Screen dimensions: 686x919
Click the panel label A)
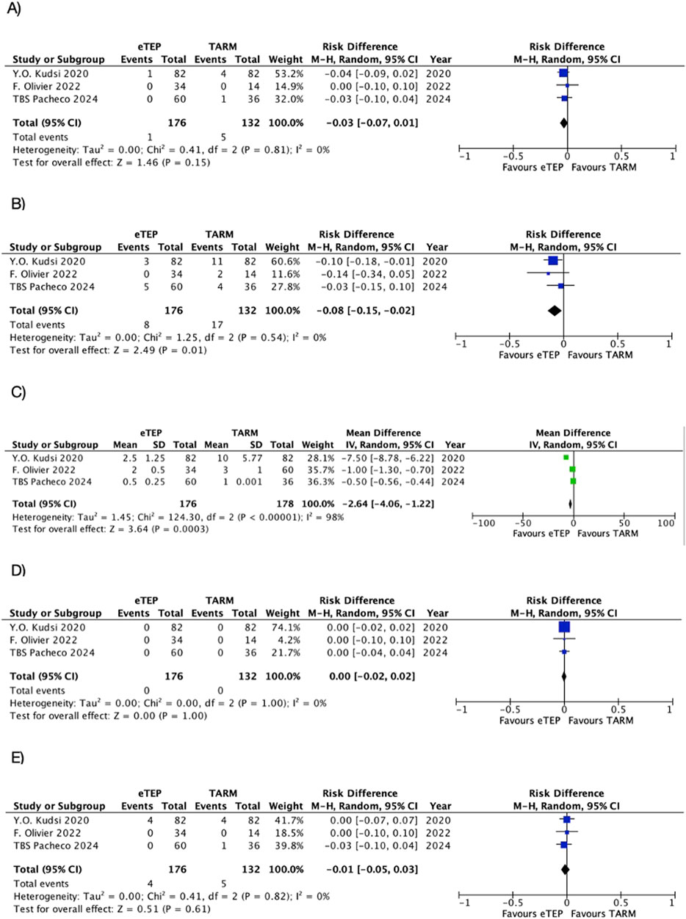click(x=14, y=9)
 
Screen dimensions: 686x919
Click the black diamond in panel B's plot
click(x=555, y=311)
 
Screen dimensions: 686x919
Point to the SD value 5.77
click(x=252, y=458)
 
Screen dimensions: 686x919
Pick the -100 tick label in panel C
click(x=484, y=523)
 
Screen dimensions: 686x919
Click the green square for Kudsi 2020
click(x=566, y=457)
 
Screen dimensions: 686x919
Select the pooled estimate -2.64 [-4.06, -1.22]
click(x=388, y=504)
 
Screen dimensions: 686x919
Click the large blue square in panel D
click(x=564, y=627)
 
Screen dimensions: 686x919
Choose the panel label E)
click(x=17, y=757)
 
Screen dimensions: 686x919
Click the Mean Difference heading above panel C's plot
click(x=573, y=433)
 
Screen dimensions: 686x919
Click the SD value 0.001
click(x=249, y=481)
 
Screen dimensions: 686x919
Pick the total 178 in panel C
click(x=285, y=504)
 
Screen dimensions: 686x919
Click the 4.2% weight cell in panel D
click(x=289, y=640)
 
